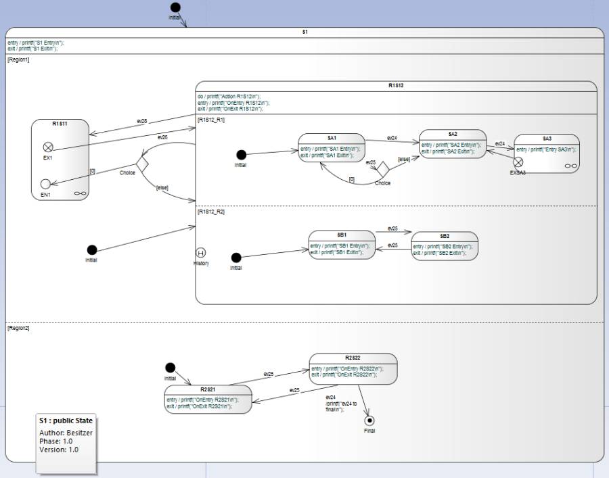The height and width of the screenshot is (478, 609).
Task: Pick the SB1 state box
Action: (x=342, y=245)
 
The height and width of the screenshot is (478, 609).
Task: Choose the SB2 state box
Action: (x=445, y=246)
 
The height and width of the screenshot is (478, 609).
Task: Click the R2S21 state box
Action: (x=208, y=399)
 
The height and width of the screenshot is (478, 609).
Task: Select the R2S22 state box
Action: (x=353, y=368)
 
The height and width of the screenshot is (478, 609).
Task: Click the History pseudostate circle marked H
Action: (x=201, y=253)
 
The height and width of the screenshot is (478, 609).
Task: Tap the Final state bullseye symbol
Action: (x=369, y=421)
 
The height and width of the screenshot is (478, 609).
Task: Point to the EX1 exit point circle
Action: (x=48, y=147)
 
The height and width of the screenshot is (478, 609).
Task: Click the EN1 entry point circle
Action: (x=45, y=184)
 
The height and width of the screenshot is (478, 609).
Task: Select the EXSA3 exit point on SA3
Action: (x=518, y=162)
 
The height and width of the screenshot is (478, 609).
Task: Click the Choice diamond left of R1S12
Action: (x=142, y=163)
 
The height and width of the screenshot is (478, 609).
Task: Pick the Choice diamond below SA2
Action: (x=382, y=167)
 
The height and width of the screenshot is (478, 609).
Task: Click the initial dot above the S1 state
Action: (x=175, y=7)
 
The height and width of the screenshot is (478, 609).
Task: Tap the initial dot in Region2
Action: (x=171, y=368)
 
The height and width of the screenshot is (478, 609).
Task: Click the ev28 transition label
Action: (x=142, y=121)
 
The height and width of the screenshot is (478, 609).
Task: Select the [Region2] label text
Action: (x=18, y=328)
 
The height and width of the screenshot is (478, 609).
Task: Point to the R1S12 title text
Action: (x=396, y=86)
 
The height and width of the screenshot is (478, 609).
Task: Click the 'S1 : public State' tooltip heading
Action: (x=66, y=421)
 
